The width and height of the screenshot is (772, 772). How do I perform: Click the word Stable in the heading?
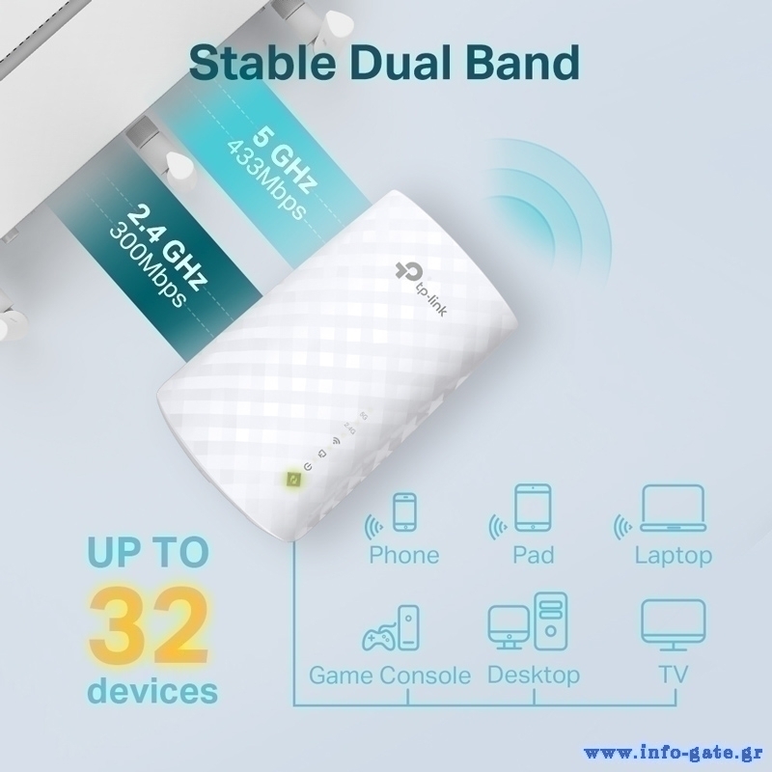point(262,63)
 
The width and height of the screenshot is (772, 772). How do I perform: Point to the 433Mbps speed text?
point(266,180)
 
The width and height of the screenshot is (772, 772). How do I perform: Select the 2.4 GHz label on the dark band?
point(166,248)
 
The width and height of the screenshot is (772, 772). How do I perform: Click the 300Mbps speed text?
point(148,266)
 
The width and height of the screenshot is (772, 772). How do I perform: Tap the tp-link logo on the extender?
point(421,289)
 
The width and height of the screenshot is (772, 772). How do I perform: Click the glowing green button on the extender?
point(292,480)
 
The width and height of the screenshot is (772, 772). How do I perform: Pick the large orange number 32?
point(149,625)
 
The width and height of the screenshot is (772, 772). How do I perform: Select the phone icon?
point(404,512)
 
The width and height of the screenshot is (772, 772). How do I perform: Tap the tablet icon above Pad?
point(533,508)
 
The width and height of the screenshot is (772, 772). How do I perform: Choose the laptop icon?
point(673,509)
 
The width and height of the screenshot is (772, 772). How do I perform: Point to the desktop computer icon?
point(528,621)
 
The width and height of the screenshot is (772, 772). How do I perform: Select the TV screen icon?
point(673,623)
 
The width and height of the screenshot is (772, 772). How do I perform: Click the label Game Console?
point(390,675)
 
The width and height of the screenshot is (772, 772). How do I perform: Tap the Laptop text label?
point(673,557)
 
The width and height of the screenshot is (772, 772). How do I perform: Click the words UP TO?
point(149,551)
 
